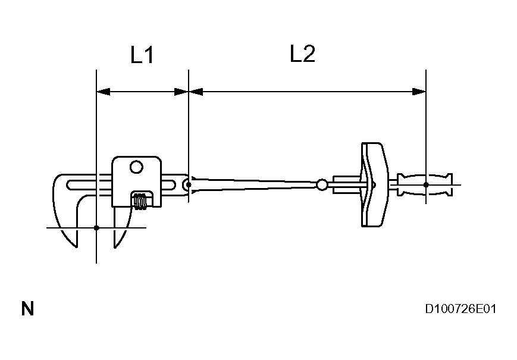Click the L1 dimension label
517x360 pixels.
click(x=143, y=56)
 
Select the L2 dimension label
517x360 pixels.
click(x=302, y=55)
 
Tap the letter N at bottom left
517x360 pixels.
click(x=27, y=309)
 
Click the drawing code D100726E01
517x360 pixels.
click(x=460, y=309)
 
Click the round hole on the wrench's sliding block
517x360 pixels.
click(x=136, y=168)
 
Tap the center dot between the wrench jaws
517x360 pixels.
click(x=96, y=227)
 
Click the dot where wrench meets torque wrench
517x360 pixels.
click(x=189, y=184)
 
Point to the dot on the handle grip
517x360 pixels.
click(x=426, y=184)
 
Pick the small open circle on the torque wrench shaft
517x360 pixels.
click(x=322, y=185)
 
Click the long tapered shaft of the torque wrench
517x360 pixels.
click(x=256, y=184)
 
